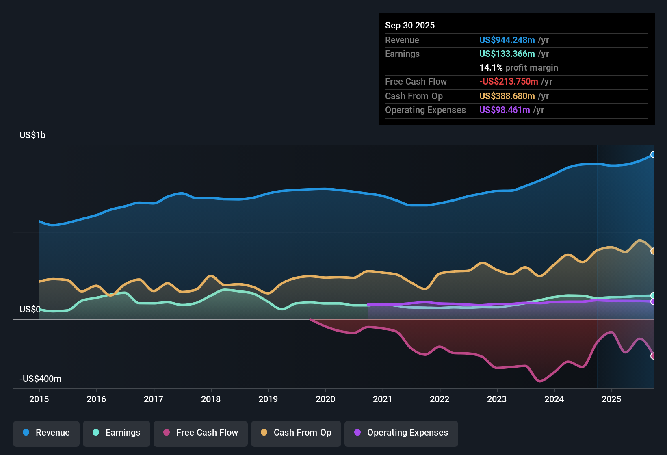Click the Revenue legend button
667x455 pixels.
click(x=46, y=433)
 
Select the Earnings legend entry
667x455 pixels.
click(x=117, y=433)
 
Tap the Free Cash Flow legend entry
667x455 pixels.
click(x=201, y=433)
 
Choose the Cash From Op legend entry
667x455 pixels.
click(x=296, y=433)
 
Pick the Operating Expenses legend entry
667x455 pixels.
click(x=401, y=433)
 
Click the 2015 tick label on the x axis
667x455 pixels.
click(x=39, y=399)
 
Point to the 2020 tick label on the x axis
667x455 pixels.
click(x=325, y=399)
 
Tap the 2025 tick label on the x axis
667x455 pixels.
click(x=611, y=399)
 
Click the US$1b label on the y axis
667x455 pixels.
click(x=32, y=135)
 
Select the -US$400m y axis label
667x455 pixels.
click(x=40, y=379)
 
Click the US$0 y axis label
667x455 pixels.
click(x=30, y=310)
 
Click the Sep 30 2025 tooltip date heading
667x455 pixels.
click(x=410, y=26)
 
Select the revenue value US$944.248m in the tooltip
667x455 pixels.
click(x=507, y=40)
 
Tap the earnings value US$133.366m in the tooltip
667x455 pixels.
click(x=507, y=54)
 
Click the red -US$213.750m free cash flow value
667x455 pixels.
click(x=509, y=82)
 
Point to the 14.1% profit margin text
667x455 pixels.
click(x=518, y=68)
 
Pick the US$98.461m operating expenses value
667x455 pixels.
click(x=505, y=110)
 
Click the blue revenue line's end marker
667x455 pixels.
click(x=653, y=154)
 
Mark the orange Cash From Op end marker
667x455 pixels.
click(x=653, y=251)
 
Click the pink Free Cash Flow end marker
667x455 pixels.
click(x=653, y=356)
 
